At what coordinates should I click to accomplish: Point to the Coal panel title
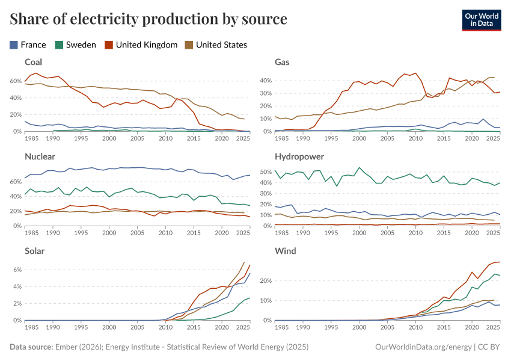pyautogui.click(x=33, y=62)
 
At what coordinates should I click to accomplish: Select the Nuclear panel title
pyautogui.click(x=39, y=156)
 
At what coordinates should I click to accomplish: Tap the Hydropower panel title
pyautogui.click(x=299, y=156)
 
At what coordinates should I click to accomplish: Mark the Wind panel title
pyautogui.click(x=285, y=251)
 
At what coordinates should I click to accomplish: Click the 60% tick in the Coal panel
pyautogui.click(x=15, y=80)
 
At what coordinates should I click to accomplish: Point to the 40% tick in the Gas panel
pyautogui.click(x=265, y=80)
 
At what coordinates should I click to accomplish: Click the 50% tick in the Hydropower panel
pyautogui.click(x=265, y=172)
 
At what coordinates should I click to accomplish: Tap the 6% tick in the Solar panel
pyautogui.click(x=17, y=270)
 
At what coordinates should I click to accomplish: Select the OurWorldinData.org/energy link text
pyautogui.click(x=423, y=347)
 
